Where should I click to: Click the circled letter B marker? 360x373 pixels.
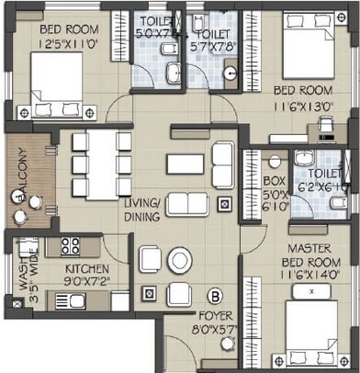[x=215, y=295]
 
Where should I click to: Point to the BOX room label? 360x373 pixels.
[x=273, y=181]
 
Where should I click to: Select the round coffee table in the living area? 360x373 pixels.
[x=177, y=262]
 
